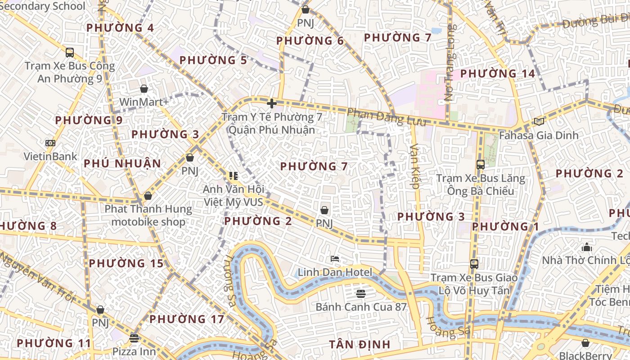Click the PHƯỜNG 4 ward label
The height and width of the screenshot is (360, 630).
coord(120,28)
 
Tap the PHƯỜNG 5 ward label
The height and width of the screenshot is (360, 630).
coord(213,60)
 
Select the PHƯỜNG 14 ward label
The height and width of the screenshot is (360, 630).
coord(498,73)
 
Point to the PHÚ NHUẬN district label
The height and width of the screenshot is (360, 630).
coord(122,163)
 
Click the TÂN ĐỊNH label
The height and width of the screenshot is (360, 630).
coord(360,345)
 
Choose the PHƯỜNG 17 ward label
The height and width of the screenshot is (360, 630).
coord(187,319)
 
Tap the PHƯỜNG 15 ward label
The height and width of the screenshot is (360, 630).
coord(126,263)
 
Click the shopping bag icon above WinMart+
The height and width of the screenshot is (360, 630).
coord(144,89)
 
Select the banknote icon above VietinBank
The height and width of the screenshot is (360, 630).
coord(50,143)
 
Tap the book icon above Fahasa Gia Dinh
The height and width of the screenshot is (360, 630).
coord(539,121)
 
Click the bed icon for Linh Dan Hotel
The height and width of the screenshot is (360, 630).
coord(335,259)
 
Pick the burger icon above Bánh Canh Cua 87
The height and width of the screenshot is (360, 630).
coord(360,293)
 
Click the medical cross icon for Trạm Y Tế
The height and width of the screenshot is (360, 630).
coord(271,103)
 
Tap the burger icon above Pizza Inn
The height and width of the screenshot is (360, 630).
coord(134,338)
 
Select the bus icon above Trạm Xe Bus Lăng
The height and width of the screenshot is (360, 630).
coord(480,165)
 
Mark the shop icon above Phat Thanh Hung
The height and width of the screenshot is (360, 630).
coord(148,196)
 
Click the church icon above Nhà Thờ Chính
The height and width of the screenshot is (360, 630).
coord(586,247)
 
